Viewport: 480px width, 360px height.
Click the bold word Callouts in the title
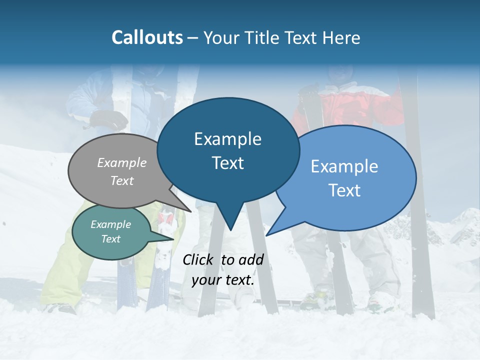click(x=147, y=37)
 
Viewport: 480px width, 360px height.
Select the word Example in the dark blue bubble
click(x=227, y=139)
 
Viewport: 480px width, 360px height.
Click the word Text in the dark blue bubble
click(x=227, y=163)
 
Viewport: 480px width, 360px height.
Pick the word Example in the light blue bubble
click(x=344, y=166)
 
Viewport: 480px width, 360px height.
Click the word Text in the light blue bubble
click(x=344, y=190)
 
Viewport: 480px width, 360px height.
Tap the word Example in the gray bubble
click(x=122, y=162)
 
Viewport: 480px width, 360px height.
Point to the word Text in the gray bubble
click(x=122, y=180)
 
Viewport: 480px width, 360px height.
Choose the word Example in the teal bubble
click(x=111, y=224)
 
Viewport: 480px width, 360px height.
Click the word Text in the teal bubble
click(x=111, y=239)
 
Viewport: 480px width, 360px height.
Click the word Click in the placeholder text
click(x=199, y=259)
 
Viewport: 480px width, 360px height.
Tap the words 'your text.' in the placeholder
click(x=223, y=280)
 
